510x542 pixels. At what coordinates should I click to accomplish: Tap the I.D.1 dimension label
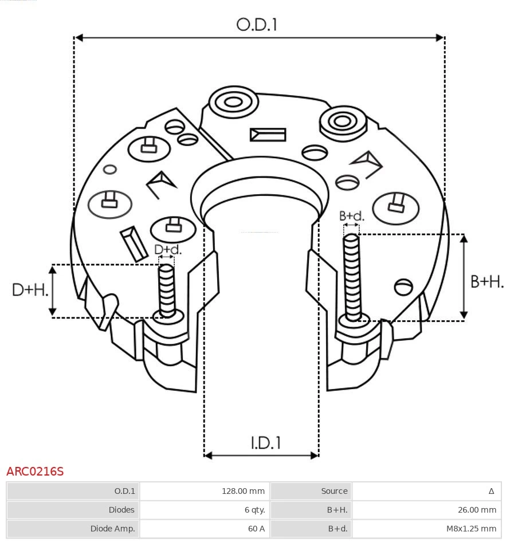pyautogui.click(x=265, y=442)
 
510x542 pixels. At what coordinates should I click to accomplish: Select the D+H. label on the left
pyautogui.click(x=30, y=290)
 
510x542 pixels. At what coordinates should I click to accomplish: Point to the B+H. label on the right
pyautogui.click(x=487, y=281)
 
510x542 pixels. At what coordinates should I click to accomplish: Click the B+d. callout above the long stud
pyautogui.click(x=351, y=216)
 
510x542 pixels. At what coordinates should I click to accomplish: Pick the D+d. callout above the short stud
pyautogui.click(x=167, y=249)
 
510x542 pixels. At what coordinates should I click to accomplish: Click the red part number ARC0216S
pyautogui.click(x=35, y=472)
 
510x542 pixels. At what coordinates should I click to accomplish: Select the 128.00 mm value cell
pyautogui.click(x=243, y=491)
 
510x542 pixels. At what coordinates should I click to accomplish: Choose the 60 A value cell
pyautogui.click(x=256, y=528)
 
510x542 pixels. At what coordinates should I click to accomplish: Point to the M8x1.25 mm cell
pyautogui.click(x=471, y=528)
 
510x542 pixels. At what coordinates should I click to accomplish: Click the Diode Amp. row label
pyautogui.click(x=112, y=528)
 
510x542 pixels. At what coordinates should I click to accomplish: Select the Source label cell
pyautogui.click(x=334, y=491)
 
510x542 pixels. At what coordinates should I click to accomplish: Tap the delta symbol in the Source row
pyautogui.click(x=491, y=491)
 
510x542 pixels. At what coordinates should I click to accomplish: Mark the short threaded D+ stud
pyautogui.click(x=167, y=289)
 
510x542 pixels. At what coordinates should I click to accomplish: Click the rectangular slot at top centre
pyautogui.click(x=268, y=135)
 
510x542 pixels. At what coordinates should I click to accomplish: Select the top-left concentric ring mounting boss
pyautogui.click(x=233, y=103)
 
